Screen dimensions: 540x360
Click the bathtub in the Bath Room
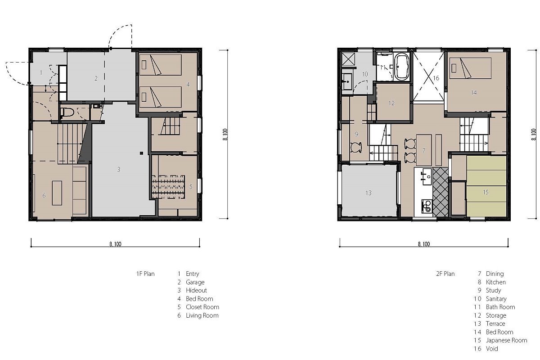point(402,67)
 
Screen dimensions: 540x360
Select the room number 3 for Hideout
point(119,169)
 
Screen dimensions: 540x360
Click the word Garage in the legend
point(195,282)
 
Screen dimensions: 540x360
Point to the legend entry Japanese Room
point(506,340)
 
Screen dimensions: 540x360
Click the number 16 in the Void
point(436,78)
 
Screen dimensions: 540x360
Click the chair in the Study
point(356,147)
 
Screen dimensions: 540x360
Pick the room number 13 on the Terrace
point(369,193)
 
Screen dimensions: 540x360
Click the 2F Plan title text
point(445,274)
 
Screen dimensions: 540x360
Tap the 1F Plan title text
point(145,274)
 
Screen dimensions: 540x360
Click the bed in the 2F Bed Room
point(470,68)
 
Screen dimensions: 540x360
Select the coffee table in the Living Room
point(57,193)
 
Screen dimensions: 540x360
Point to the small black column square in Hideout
point(141,153)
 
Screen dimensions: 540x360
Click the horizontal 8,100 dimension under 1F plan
point(115,247)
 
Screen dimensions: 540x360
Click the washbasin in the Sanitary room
point(347,81)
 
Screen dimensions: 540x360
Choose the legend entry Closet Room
point(202,307)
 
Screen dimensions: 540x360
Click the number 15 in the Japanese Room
point(486,192)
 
